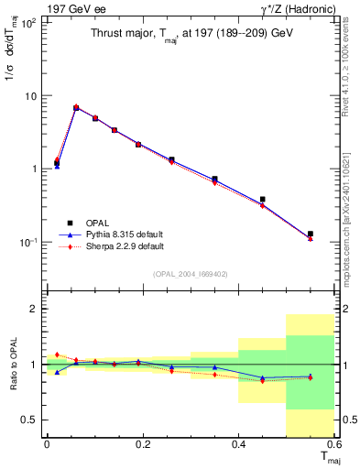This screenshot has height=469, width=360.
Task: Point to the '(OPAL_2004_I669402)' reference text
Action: [190, 274]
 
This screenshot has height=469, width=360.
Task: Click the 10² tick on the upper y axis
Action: [27, 23]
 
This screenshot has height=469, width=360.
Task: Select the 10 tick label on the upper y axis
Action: [28, 96]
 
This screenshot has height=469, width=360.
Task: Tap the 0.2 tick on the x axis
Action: [142, 444]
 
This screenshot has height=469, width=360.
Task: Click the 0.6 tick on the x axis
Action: [333, 444]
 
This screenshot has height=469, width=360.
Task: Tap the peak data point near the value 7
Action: [76, 107]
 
